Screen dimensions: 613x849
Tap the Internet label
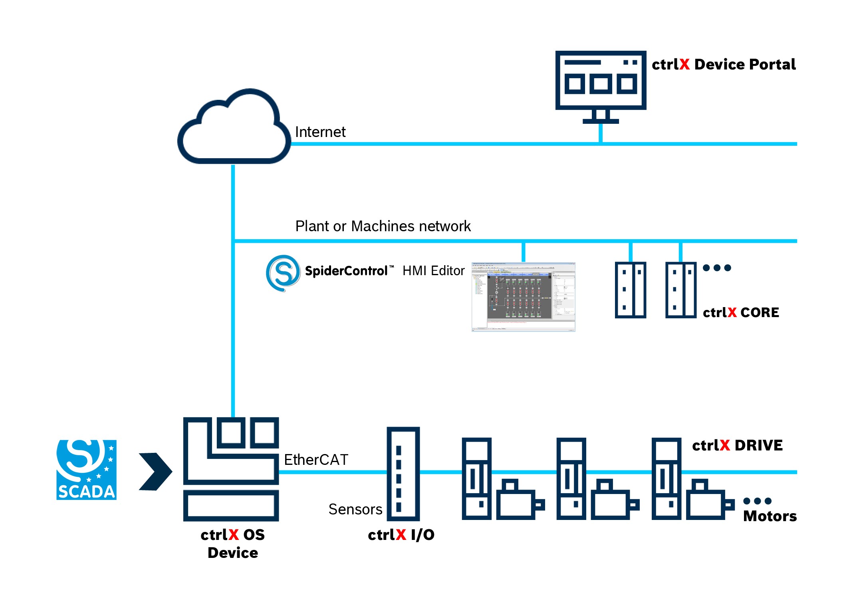320,132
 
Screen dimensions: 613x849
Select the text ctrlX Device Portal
723,65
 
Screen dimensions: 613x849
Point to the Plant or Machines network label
383,226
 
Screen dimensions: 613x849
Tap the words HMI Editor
433,271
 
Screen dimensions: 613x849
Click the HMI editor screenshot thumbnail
523,297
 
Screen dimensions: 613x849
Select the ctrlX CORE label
740,312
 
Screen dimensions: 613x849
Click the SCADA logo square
86,470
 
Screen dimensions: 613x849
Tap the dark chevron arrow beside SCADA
155,471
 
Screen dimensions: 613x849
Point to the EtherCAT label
316,460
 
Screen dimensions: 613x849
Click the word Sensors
355,509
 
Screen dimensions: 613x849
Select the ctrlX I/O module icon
403,474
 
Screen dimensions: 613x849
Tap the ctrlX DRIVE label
737,445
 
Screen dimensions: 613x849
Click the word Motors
770,516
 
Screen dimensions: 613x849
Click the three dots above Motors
757,501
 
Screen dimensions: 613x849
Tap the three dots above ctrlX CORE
717,268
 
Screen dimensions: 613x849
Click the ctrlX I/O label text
401,535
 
